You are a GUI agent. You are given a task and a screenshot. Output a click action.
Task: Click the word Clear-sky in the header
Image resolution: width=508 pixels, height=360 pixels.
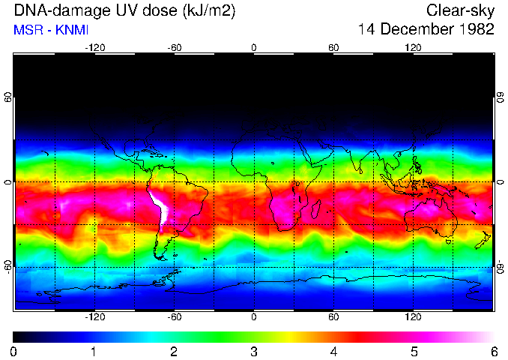tap(460, 10)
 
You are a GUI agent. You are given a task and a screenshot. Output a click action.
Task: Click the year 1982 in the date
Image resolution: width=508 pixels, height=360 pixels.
tap(471, 30)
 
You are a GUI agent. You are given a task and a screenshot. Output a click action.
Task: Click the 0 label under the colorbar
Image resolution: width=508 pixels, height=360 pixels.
tap(14, 352)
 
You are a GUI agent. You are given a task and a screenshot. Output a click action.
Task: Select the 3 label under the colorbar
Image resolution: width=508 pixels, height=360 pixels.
tap(253, 352)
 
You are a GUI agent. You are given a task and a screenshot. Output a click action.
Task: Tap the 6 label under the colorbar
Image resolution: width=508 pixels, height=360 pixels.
tap(493, 352)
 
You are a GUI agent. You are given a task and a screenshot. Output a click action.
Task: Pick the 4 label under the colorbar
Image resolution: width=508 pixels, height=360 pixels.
tap(333, 352)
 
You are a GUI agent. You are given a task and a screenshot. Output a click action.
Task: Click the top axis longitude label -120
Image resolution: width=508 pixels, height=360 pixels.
tap(94, 47)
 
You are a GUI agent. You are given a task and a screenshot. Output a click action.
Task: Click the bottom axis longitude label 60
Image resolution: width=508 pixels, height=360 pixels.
tap(333, 317)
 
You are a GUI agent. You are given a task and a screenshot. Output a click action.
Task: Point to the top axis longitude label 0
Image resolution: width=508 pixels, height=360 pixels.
tap(254, 47)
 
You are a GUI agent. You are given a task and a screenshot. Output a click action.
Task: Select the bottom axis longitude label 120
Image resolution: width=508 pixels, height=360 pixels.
tap(414, 317)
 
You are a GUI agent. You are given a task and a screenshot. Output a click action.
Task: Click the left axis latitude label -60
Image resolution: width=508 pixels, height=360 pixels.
tap(7, 267)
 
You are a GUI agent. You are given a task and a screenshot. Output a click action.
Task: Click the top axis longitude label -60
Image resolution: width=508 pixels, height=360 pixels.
tap(174, 47)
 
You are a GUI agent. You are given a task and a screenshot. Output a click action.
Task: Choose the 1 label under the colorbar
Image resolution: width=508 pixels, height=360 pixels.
tap(94, 352)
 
